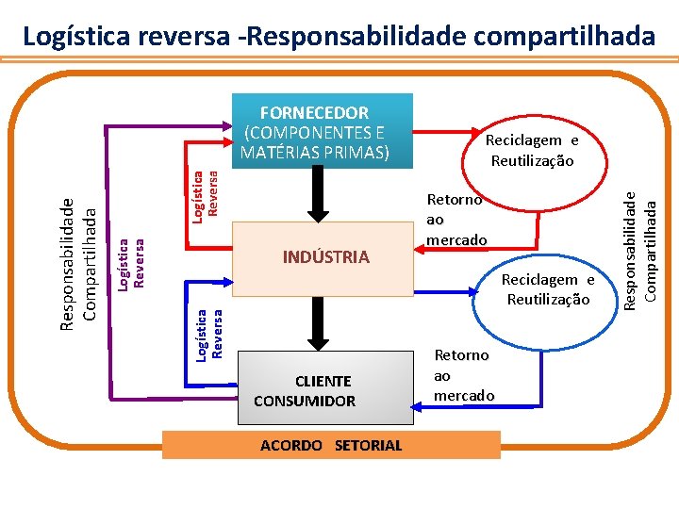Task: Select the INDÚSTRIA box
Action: [325, 257]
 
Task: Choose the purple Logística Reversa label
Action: [131, 260]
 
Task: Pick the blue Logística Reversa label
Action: [209, 334]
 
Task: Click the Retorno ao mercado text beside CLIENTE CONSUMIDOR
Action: [463, 375]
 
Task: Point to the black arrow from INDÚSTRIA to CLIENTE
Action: [317, 327]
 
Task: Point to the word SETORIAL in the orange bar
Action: [368, 445]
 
